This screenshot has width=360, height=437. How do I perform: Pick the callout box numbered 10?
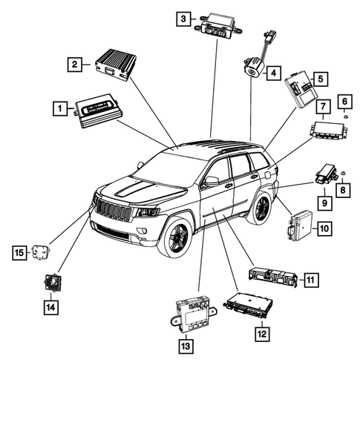click(x=324, y=229)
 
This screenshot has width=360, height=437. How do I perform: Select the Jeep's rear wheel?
click(x=261, y=208)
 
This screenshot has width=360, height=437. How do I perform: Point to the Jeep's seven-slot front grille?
click(x=114, y=209)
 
